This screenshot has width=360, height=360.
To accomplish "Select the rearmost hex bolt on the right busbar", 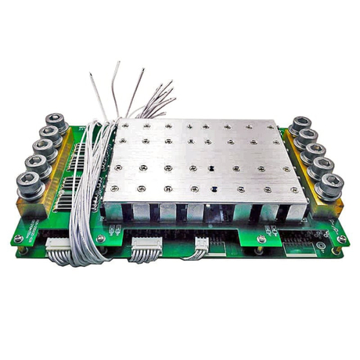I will pyautogui.click(x=300, y=124).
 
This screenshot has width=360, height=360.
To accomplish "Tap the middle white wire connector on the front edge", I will pyautogui.click(x=146, y=248).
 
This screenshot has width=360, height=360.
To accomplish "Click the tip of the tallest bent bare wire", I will pyautogui.click(x=117, y=62).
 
